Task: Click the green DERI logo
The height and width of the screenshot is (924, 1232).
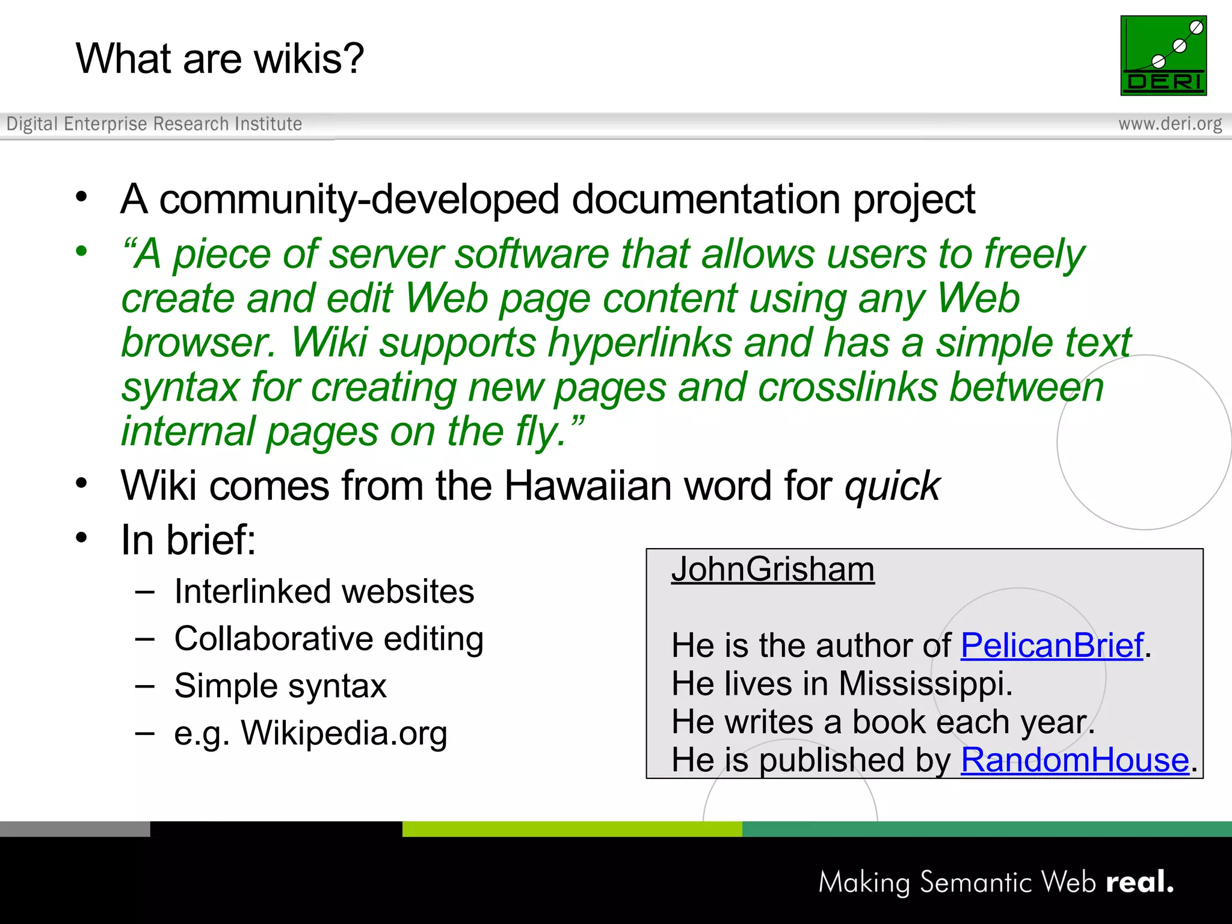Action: click(1163, 55)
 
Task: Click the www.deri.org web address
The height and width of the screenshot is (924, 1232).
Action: click(1169, 124)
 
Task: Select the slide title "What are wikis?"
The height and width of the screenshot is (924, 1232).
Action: click(220, 59)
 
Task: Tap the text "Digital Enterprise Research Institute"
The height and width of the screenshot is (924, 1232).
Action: click(154, 124)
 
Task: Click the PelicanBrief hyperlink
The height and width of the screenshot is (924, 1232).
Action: click(1052, 645)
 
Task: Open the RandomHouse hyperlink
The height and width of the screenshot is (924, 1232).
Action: click(1074, 760)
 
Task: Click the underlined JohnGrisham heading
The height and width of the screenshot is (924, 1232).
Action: click(772, 569)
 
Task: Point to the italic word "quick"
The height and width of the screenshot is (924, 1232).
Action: click(892, 486)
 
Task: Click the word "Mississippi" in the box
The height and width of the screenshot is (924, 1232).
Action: click(925, 684)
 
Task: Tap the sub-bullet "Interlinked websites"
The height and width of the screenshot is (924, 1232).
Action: click(324, 591)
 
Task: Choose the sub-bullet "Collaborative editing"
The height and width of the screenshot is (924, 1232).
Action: click(328, 639)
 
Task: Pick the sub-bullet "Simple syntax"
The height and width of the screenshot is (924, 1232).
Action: click(280, 686)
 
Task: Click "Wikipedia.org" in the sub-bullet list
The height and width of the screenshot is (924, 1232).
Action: click(343, 733)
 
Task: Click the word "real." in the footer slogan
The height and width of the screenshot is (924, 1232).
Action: click(1139, 882)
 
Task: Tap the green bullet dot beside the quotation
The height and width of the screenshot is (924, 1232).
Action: click(82, 251)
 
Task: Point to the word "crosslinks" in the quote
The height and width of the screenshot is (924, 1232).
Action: click(847, 387)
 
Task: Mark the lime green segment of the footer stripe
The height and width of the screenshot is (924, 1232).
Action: click(571, 829)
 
